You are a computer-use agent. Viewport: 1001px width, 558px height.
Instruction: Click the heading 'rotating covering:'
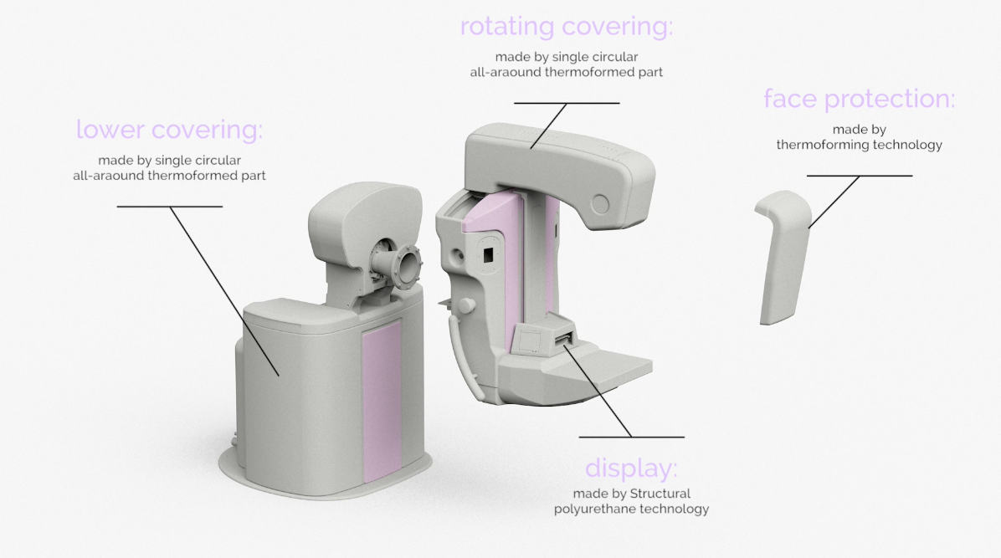point(566,27)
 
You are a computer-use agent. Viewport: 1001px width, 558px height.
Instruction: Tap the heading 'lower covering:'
point(169,131)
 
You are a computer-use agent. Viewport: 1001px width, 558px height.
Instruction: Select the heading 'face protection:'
point(859,99)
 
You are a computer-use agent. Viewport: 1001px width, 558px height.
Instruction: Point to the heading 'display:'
point(631,467)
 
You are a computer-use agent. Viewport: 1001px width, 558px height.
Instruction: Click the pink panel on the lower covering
point(381,402)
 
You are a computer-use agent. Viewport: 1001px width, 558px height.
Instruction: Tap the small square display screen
point(529,339)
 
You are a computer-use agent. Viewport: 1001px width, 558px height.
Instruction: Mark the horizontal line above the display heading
point(631,437)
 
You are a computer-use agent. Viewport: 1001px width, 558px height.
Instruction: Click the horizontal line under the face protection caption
point(859,176)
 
